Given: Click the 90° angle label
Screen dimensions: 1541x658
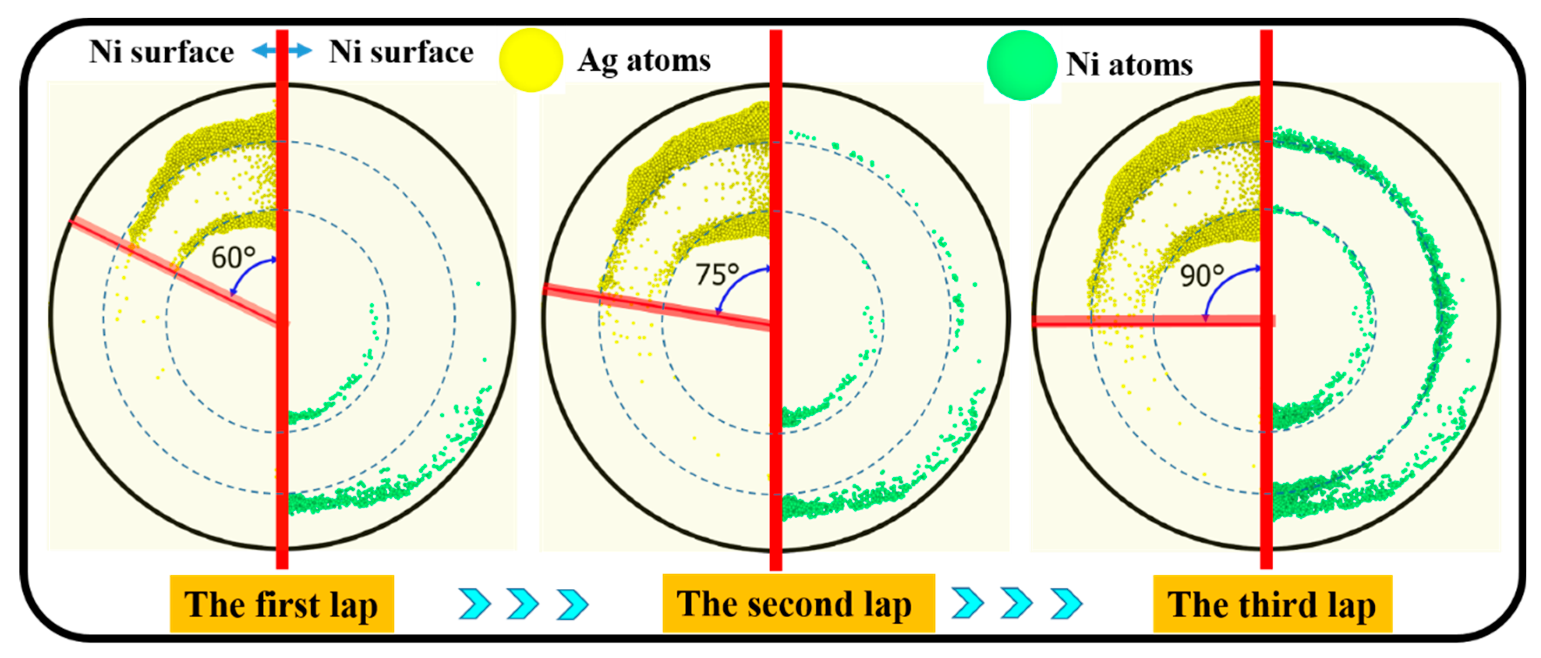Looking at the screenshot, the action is coord(1201,276).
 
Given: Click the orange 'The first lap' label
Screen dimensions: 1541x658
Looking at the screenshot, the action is coord(282,604).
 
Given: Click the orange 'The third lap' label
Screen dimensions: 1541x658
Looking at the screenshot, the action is coord(1272,604).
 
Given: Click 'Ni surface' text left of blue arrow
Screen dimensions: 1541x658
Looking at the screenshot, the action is coord(162,52).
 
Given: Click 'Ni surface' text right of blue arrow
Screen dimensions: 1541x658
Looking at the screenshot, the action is coord(401,52).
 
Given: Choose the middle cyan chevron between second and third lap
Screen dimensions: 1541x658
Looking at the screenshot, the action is coord(1016,603).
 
